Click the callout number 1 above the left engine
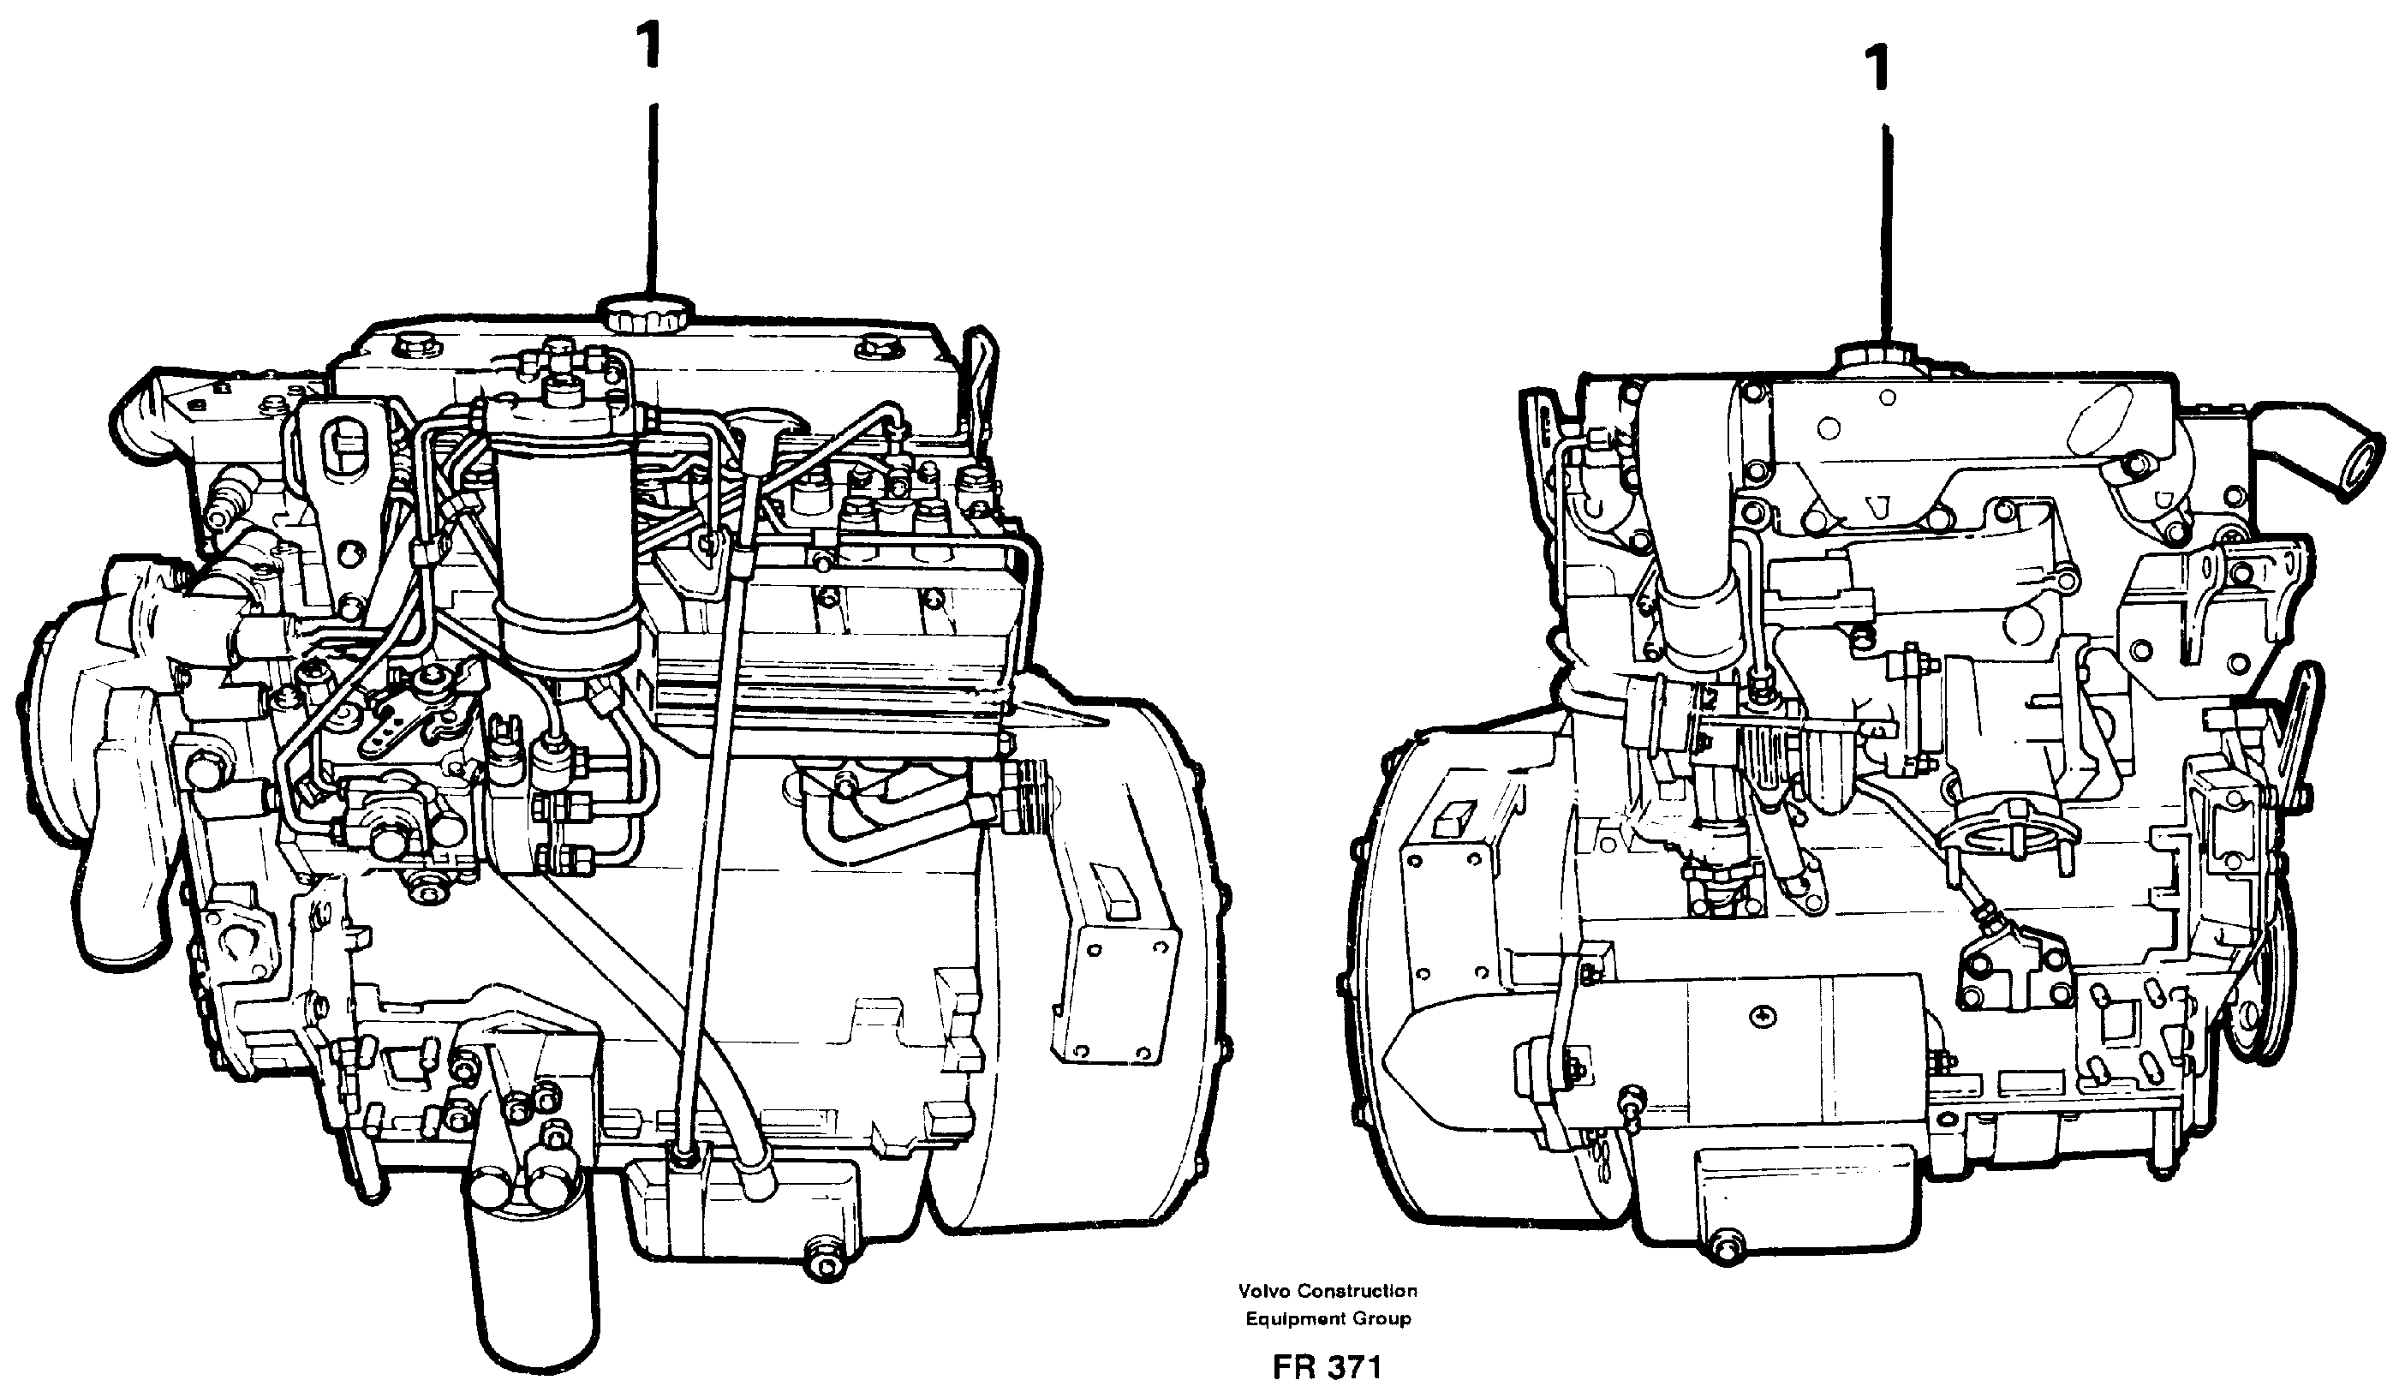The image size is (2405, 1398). coord(651,45)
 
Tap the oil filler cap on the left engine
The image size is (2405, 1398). coord(646,313)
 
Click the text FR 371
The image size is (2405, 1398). coord(1327,1367)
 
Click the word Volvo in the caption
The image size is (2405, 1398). coord(1263,1291)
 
